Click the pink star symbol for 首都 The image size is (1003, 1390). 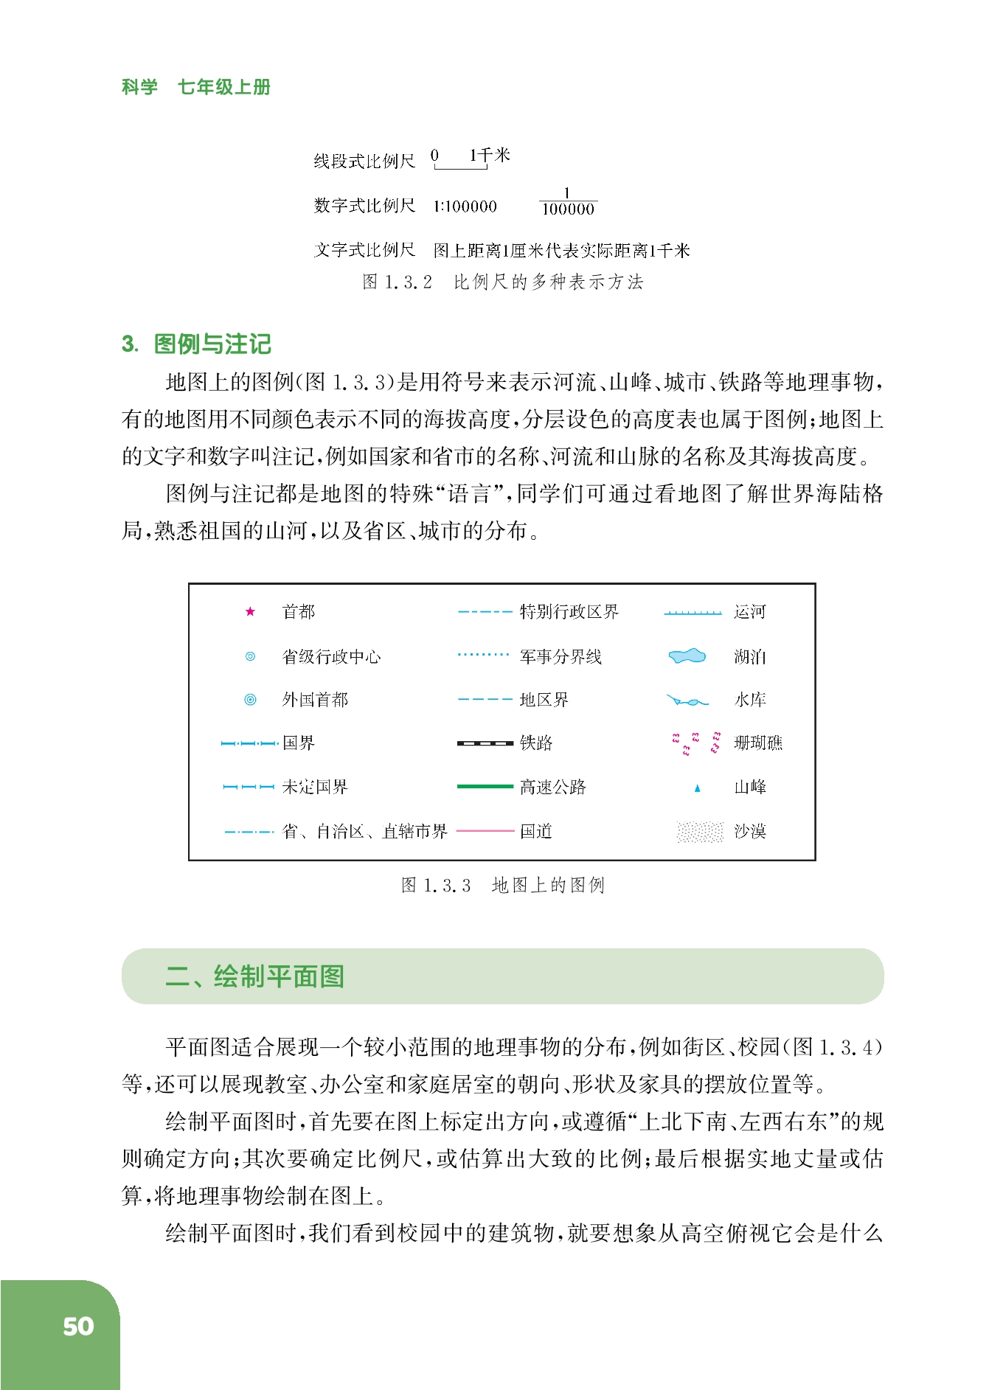tap(250, 611)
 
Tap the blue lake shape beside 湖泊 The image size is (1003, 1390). tap(687, 656)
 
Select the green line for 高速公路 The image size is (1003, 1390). tap(485, 787)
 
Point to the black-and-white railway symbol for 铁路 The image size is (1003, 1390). tap(485, 743)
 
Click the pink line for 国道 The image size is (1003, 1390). tap(485, 831)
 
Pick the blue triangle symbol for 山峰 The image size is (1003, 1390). tap(697, 788)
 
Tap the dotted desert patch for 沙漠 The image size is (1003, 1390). tap(699, 832)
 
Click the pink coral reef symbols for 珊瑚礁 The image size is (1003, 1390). tap(695, 743)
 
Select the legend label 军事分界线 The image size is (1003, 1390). tap(560, 656)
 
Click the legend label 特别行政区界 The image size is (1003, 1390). tap(569, 612)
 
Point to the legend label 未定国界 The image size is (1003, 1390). tap(315, 787)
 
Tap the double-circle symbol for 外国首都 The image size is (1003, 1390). tap(250, 700)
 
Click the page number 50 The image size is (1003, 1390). tap(78, 1327)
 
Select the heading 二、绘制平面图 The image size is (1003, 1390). tap(255, 976)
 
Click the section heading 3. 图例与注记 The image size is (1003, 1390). tap(196, 344)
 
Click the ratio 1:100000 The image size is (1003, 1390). tap(465, 206)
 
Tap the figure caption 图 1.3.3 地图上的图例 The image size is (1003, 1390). tap(503, 885)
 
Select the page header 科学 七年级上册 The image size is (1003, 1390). tap(196, 87)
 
